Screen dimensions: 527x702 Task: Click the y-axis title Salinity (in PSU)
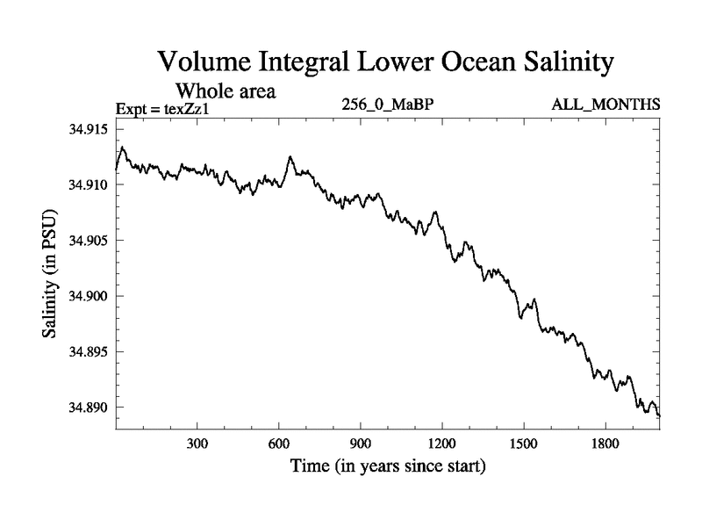[x=51, y=275]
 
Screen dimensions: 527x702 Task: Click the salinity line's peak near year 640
[x=290, y=157]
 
